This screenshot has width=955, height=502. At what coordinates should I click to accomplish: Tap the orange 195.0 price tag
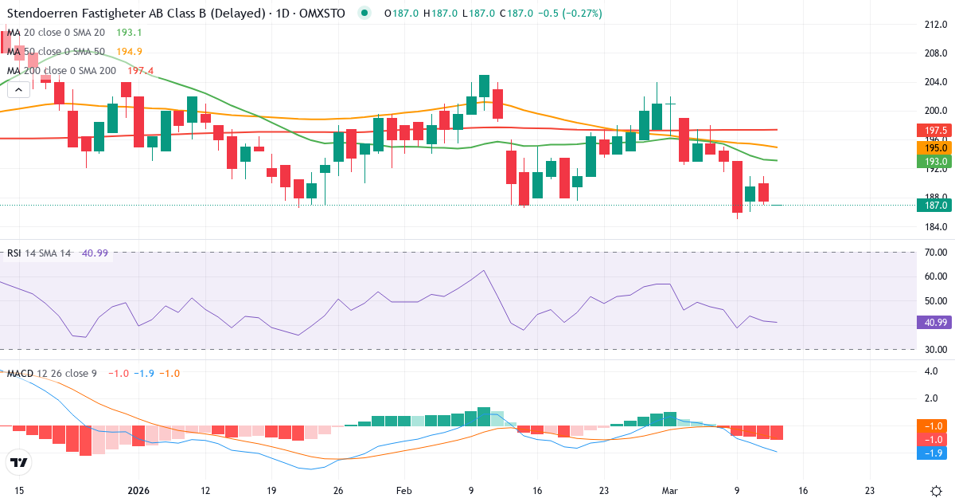pyautogui.click(x=933, y=148)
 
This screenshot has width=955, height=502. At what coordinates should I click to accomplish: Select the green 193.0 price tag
pyautogui.click(x=933, y=161)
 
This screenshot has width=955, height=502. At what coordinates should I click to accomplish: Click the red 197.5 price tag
pyautogui.click(x=933, y=130)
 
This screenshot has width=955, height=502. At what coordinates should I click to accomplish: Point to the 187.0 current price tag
pyautogui.click(x=933, y=205)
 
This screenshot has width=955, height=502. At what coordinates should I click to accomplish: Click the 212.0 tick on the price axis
pyautogui.click(x=934, y=24)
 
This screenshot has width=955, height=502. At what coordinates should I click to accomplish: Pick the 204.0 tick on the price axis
pyautogui.click(x=934, y=82)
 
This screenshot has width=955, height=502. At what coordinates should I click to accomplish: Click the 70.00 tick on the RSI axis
pyautogui.click(x=935, y=253)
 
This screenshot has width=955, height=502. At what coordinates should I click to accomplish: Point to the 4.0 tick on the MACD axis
pyautogui.click(x=930, y=371)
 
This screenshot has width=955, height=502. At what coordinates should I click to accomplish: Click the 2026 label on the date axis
pyautogui.click(x=139, y=491)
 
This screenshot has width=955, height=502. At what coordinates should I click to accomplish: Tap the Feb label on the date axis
pyautogui.click(x=404, y=491)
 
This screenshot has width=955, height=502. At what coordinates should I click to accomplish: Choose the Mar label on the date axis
pyautogui.click(x=669, y=491)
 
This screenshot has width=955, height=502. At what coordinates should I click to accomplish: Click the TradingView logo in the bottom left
pyautogui.click(x=19, y=462)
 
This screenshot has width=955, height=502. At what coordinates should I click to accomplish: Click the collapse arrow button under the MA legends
pyautogui.click(x=18, y=90)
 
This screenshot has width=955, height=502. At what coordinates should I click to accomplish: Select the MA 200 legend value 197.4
pyautogui.click(x=142, y=71)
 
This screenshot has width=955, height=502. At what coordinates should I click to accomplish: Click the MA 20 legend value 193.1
pyautogui.click(x=129, y=33)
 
